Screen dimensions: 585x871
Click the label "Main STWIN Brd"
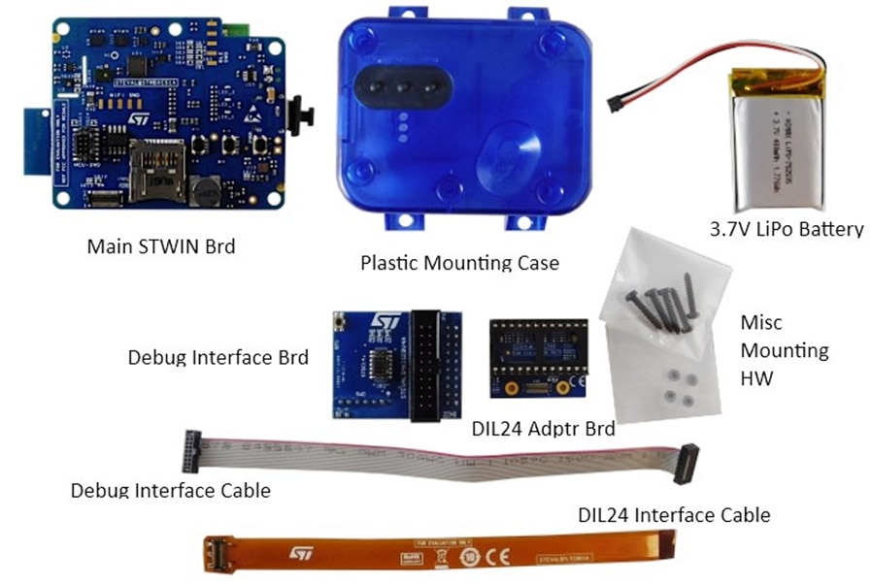[x=160, y=245]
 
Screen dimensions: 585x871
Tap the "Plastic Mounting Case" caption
[x=459, y=261]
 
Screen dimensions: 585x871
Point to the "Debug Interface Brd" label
[x=218, y=357]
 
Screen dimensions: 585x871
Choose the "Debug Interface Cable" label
[x=170, y=490]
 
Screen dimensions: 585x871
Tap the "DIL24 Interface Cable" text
[x=673, y=514]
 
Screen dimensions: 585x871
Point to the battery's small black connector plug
[x=616, y=102]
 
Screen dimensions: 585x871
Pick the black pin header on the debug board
[x=427, y=366]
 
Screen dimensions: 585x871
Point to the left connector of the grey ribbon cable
[x=190, y=451]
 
